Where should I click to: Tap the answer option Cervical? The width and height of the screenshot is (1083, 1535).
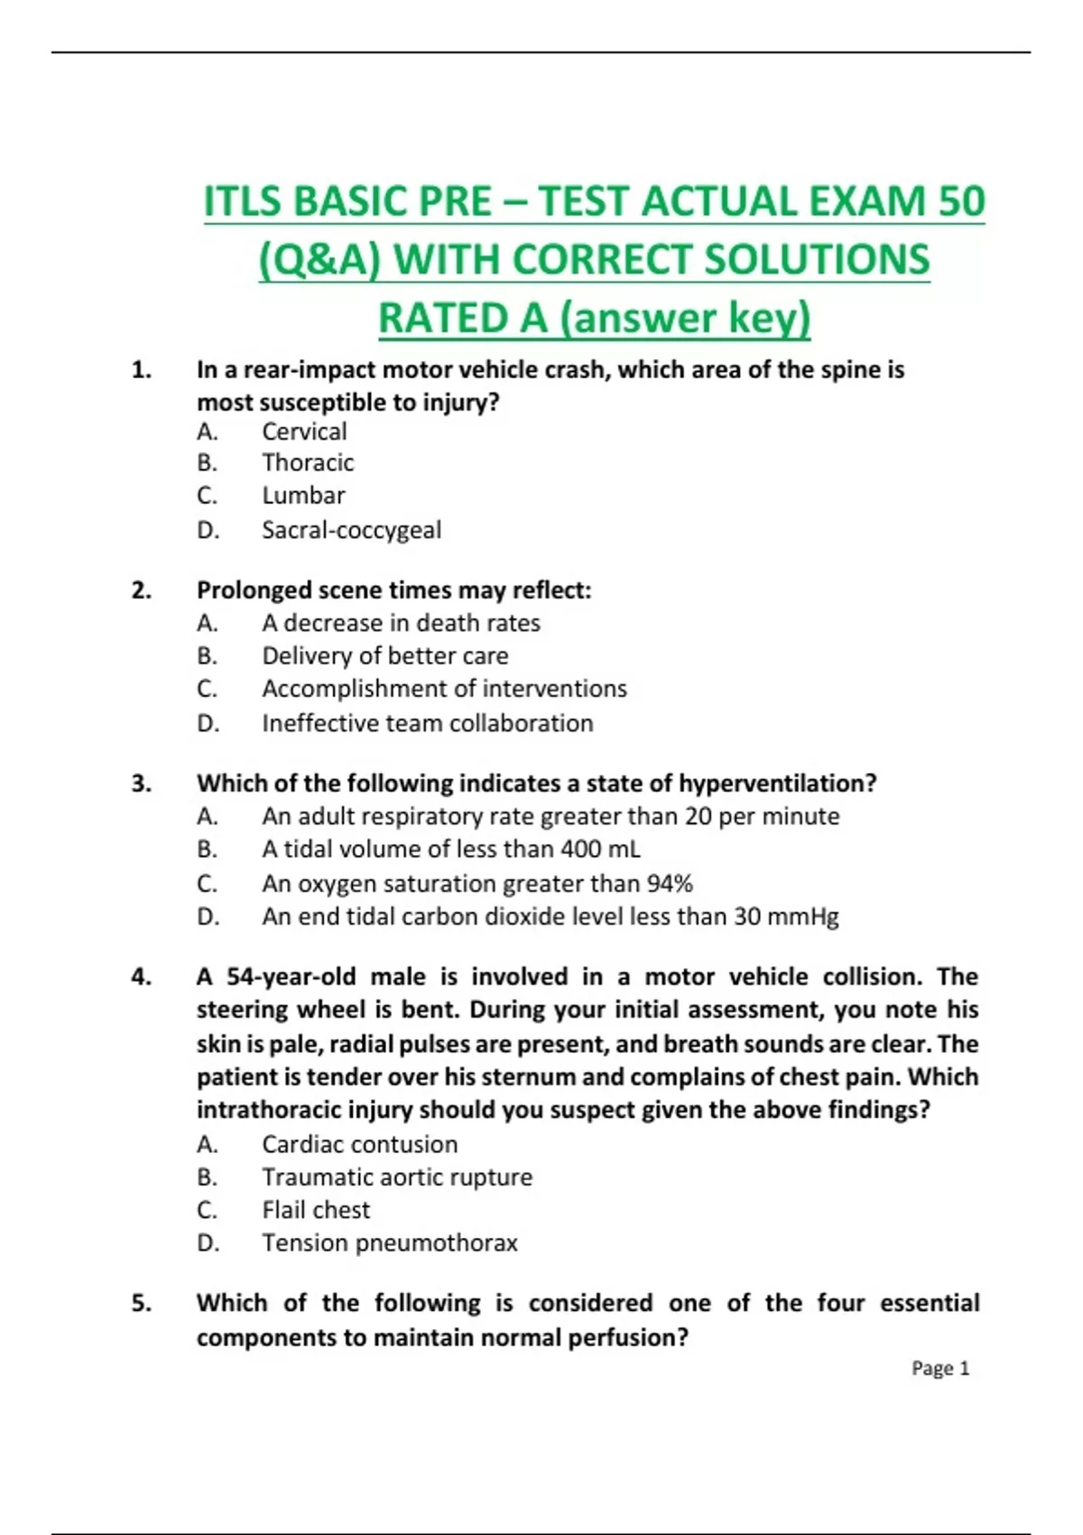click(x=304, y=432)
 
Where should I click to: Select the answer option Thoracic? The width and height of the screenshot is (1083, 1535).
click(x=308, y=463)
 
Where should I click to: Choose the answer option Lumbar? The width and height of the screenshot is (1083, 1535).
click(x=303, y=496)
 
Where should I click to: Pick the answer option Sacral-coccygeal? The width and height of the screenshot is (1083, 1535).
click(x=351, y=530)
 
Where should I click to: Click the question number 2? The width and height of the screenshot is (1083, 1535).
click(x=141, y=591)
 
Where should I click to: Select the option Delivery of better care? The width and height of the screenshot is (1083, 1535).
click(x=384, y=656)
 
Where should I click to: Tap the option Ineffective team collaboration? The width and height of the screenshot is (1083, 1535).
click(x=427, y=723)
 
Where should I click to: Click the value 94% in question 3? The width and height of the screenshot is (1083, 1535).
click(x=670, y=883)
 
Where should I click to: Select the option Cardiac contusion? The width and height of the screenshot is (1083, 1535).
click(x=359, y=1144)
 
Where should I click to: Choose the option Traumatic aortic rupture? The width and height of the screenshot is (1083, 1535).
click(x=397, y=1177)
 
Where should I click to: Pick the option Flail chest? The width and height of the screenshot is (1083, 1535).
click(x=316, y=1210)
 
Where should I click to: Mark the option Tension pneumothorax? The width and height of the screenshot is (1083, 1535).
click(x=390, y=1243)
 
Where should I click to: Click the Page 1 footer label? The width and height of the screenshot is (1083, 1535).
click(x=940, y=1368)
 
